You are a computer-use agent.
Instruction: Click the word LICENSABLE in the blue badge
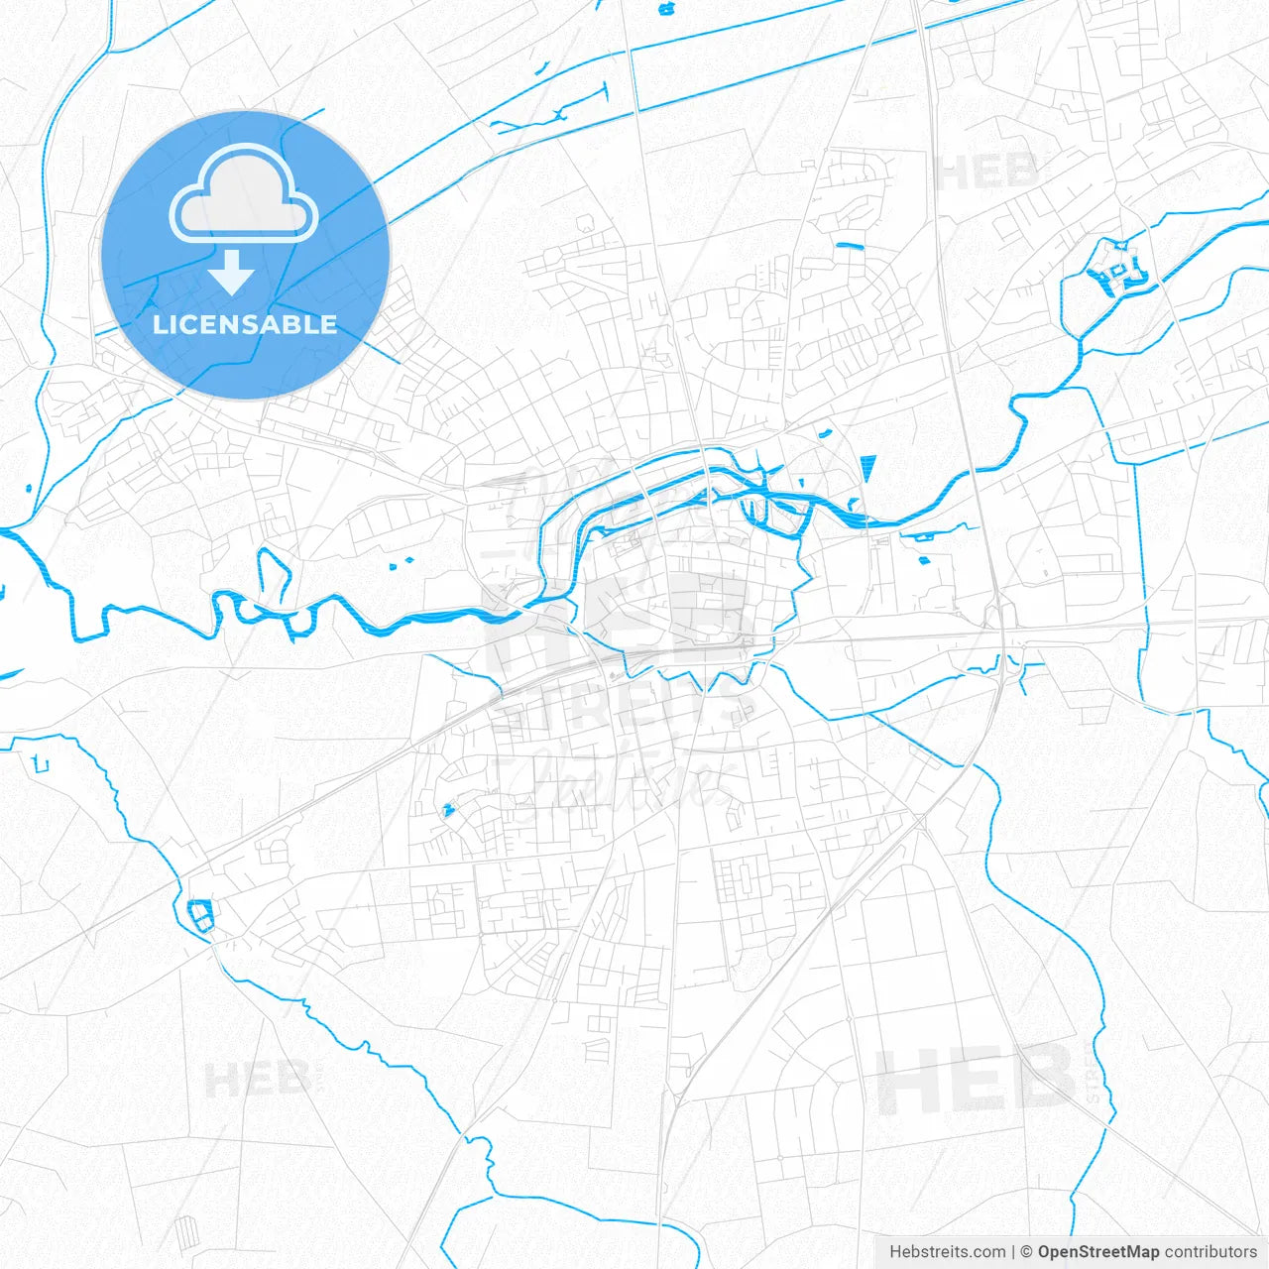(245, 324)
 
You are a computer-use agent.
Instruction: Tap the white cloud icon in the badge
(244, 194)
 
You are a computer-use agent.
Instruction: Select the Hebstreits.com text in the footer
(947, 1252)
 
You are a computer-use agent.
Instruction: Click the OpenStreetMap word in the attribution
(1097, 1252)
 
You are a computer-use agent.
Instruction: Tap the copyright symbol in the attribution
(1026, 1252)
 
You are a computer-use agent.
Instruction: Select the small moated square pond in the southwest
(201, 914)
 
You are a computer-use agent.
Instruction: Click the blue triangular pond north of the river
(869, 468)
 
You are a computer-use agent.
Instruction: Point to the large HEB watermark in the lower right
(977, 1079)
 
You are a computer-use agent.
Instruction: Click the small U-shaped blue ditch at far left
(40, 763)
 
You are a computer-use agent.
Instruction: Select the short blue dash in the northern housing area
(850, 245)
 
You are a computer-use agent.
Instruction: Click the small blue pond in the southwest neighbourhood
(448, 810)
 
